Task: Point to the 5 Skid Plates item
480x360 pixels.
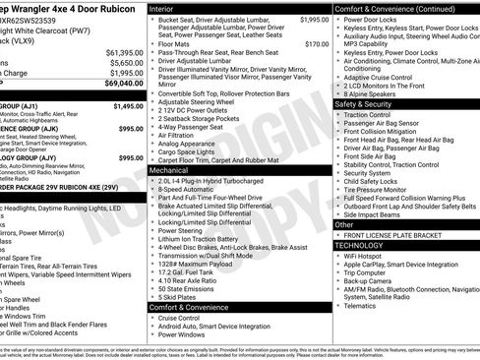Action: click(181, 297)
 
